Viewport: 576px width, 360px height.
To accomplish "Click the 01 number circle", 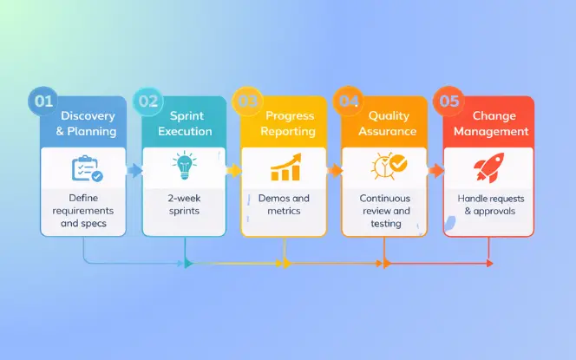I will tap(44, 101).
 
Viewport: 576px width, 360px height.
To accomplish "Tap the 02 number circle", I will tap(148, 101).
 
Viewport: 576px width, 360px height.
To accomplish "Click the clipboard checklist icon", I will tap(85, 168).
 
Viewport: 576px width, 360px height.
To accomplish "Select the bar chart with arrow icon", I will tap(285, 167).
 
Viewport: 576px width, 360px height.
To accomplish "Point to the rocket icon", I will tap(488, 167).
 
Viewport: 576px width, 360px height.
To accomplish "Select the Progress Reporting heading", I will tap(289, 124).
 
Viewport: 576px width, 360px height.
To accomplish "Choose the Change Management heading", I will tap(491, 124).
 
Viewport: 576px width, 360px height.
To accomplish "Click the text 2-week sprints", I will tap(185, 206).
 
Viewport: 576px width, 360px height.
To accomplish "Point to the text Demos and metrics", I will tap(285, 206).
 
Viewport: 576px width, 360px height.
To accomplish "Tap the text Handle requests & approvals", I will tap(489, 206).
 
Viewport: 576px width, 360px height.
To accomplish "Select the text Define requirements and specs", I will tap(84, 212).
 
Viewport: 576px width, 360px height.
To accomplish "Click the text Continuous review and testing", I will tap(385, 212).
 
